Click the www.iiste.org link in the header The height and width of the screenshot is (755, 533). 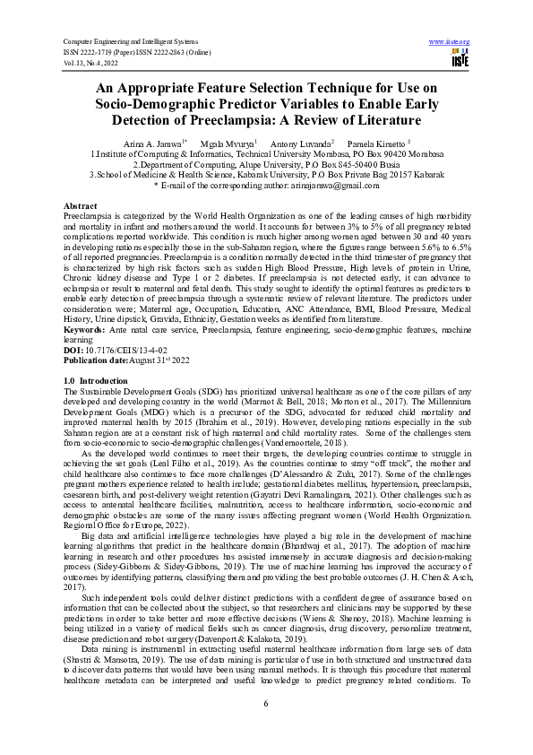(x=450, y=42)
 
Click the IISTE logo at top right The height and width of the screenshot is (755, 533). (x=460, y=58)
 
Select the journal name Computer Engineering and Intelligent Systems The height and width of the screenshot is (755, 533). (x=128, y=42)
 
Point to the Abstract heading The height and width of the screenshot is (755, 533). (x=82, y=206)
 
